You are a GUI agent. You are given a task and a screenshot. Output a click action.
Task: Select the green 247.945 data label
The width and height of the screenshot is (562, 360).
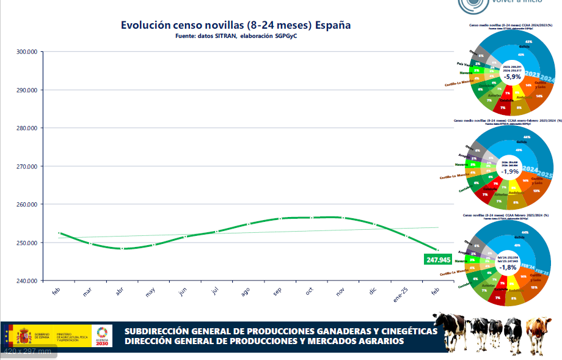(x=437, y=260)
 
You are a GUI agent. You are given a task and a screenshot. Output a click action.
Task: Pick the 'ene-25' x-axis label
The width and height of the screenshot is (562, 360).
(x=401, y=292)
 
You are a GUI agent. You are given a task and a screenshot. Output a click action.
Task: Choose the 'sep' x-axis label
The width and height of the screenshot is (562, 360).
(x=277, y=292)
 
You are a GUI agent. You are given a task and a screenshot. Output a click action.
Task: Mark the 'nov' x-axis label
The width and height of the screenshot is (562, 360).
(x=340, y=292)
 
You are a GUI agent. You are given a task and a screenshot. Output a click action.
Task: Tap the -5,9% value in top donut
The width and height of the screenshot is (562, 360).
(x=512, y=76)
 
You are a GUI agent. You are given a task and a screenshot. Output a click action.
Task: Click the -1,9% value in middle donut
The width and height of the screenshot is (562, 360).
(x=511, y=172)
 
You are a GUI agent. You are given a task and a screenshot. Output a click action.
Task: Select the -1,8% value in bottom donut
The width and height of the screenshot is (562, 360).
(x=508, y=267)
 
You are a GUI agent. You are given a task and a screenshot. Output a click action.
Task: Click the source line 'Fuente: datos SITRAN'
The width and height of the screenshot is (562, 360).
(x=235, y=37)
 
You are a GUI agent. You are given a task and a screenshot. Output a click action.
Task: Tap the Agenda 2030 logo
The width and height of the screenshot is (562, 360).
(x=101, y=336)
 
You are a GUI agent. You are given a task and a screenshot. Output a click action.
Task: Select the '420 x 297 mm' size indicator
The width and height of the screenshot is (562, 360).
(x=28, y=351)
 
